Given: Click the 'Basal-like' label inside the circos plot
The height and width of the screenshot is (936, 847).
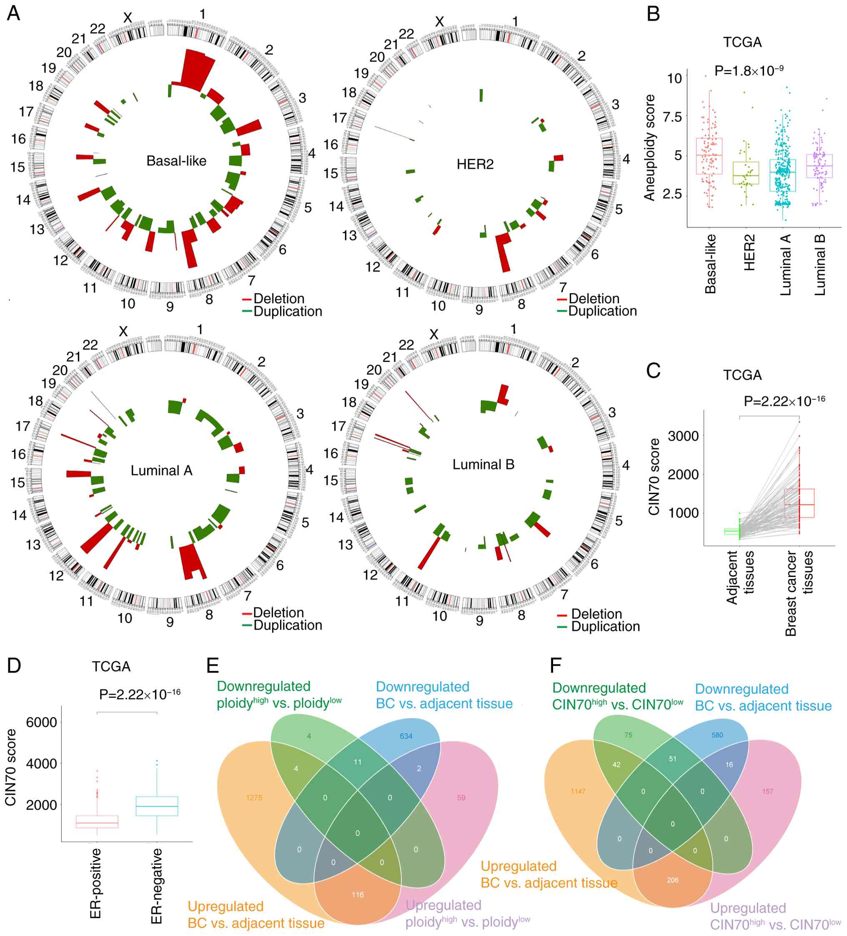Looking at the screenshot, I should point(176,161).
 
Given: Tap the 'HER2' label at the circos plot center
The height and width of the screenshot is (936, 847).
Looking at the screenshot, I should point(475,164).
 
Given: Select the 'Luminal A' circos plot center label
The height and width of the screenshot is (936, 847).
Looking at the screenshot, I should point(161,471).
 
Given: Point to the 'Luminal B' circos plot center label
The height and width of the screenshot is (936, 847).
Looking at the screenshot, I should point(483,465).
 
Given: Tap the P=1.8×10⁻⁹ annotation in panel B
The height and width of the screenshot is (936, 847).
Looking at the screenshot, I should point(749,71).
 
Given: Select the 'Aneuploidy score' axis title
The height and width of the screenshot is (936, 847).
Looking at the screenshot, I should point(650,148).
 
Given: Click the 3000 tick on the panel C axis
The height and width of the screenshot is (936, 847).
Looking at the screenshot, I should point(683,436).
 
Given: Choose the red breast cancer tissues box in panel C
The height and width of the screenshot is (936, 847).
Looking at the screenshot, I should point(799,503).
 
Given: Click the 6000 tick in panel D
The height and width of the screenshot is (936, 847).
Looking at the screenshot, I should point(41,723).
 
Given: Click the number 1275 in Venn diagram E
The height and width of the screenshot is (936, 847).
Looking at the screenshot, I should point(254,798).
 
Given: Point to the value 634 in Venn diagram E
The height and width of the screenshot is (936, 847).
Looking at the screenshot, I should point(406,736).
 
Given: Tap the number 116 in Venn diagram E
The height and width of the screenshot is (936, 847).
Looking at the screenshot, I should point(357,895).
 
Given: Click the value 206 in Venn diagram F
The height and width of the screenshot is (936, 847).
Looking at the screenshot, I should point(672,880).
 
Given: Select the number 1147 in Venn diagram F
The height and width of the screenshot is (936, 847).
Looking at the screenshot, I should point(578,791).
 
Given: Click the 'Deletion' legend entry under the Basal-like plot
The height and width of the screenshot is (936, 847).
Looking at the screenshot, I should point(278,299).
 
